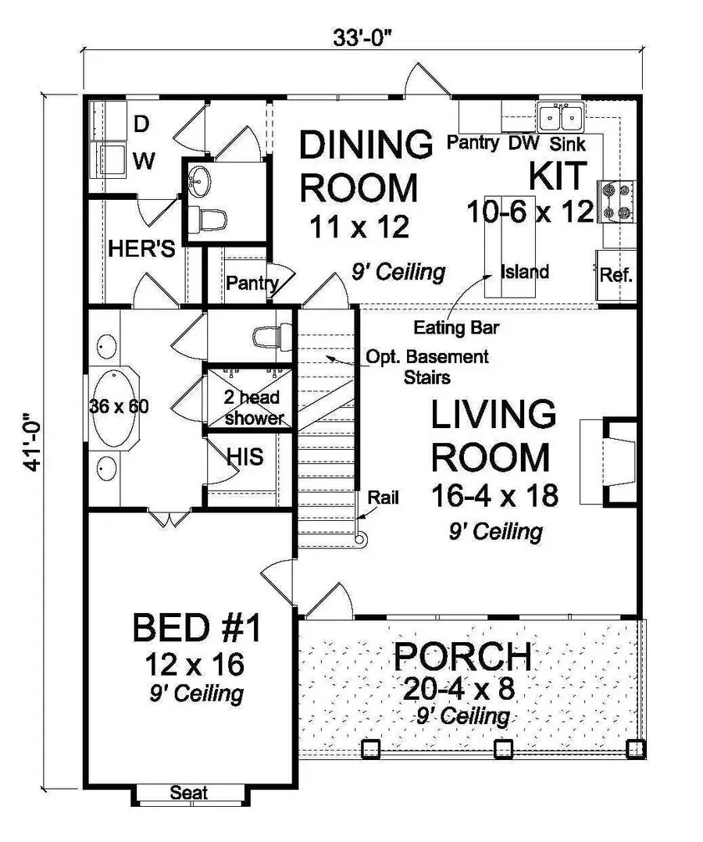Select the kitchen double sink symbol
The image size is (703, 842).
[561, 117]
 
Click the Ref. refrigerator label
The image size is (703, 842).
[616, 276]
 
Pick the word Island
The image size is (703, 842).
[526, 273]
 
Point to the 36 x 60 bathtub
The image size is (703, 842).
[116, 407]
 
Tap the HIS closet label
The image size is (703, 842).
[244, 456]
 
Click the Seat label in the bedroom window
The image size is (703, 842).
[189, 793]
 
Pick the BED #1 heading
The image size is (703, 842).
[200, 629]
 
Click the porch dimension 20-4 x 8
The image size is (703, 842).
[461, 689]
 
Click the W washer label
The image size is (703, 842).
[143, 162]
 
